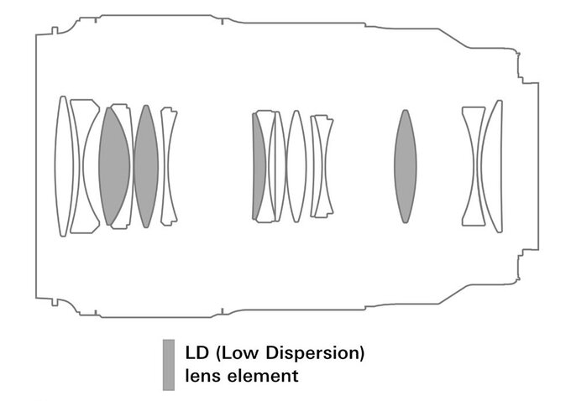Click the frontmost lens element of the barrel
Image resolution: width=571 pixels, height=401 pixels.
[64, 166]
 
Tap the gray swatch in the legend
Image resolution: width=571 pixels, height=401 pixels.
[169, 365]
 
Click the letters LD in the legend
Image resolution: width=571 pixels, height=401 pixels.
[196, 353]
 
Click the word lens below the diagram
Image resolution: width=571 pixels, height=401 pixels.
[203, 376]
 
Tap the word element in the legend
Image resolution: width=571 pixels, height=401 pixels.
[263, 376]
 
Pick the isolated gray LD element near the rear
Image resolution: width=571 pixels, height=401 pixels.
[405, 166]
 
